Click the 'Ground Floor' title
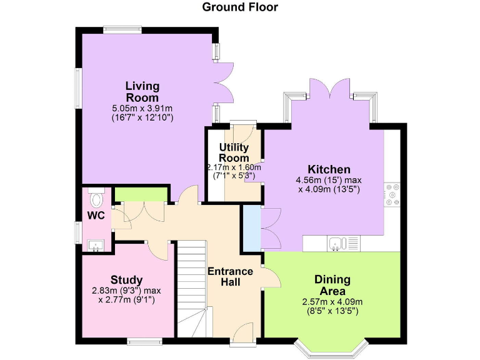pyautogui.click(x=240, y=7)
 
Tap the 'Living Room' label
pyautogui.click(x=142, y=91)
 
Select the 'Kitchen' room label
pyautogui.click(x=329, y=169)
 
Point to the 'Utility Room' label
pyautogui.click(x=234, y=152)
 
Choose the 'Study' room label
pyautogui.click(x=127, y=279)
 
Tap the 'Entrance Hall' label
pyautogui.click(x=231, y=277)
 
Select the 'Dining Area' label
pyautogui.click(x=332, y=285)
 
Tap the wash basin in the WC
pyautogui.click(x=96, y=244)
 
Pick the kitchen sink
pyautogui.click(x=336, y=243)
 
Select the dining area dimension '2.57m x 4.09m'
pyautogui.click(x=332, y=302)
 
